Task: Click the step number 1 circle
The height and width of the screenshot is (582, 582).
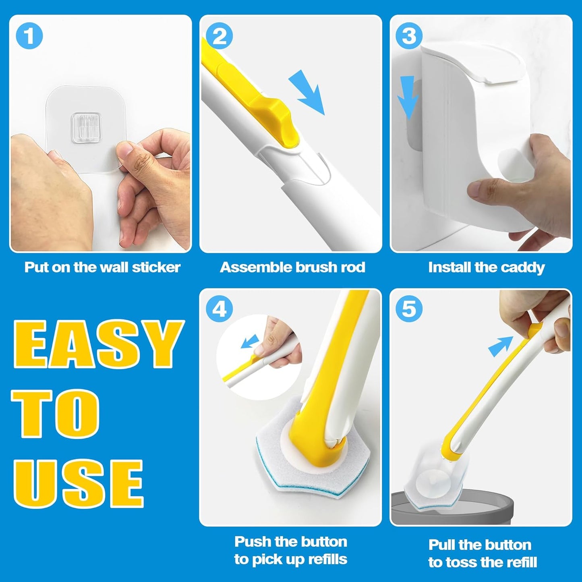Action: pyautogui.click(x=29, y=36)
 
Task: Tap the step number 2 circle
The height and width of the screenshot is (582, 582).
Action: pyautogui.click(x=219, y=36)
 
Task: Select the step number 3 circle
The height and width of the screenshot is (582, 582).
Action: pyautogui.click(x=409, y=36)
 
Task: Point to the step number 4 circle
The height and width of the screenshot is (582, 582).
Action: pyautogui.click(x=219, y=309)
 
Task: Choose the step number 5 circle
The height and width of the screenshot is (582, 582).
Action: pyautogui.click(x=409, y=309)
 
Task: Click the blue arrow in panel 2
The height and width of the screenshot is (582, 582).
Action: pyautogui.click(x=308, y=93)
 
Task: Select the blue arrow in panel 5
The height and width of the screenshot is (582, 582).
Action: pyautogui.click(x=500, y=346)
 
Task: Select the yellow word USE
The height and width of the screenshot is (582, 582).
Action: pyautogui.click(x=79, y=483)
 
